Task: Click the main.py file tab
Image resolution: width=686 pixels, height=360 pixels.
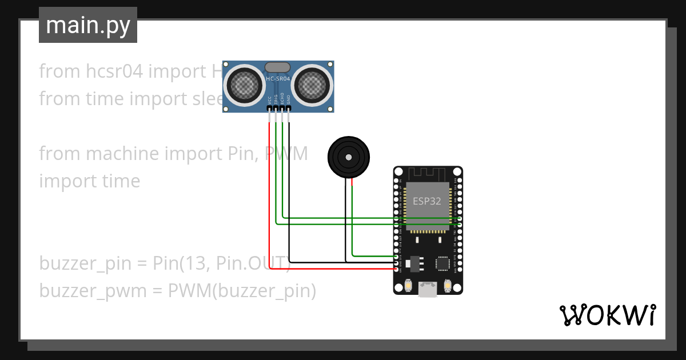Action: click(87, 25)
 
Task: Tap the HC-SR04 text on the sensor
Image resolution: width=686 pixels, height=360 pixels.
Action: click(278, 78)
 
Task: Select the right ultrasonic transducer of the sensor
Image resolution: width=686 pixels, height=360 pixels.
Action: click(312, 85)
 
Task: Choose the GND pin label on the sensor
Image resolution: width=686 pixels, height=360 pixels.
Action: click(289, 99)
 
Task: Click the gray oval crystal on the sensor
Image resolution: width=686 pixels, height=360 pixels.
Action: click(278, 67)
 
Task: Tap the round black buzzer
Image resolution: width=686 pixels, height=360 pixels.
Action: click(348, 157)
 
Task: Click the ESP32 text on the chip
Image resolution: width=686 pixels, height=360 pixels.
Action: click(427, 201)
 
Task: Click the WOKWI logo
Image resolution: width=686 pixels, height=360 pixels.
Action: click(607, 315)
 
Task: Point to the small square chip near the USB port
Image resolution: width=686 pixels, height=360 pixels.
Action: click(442, 263)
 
